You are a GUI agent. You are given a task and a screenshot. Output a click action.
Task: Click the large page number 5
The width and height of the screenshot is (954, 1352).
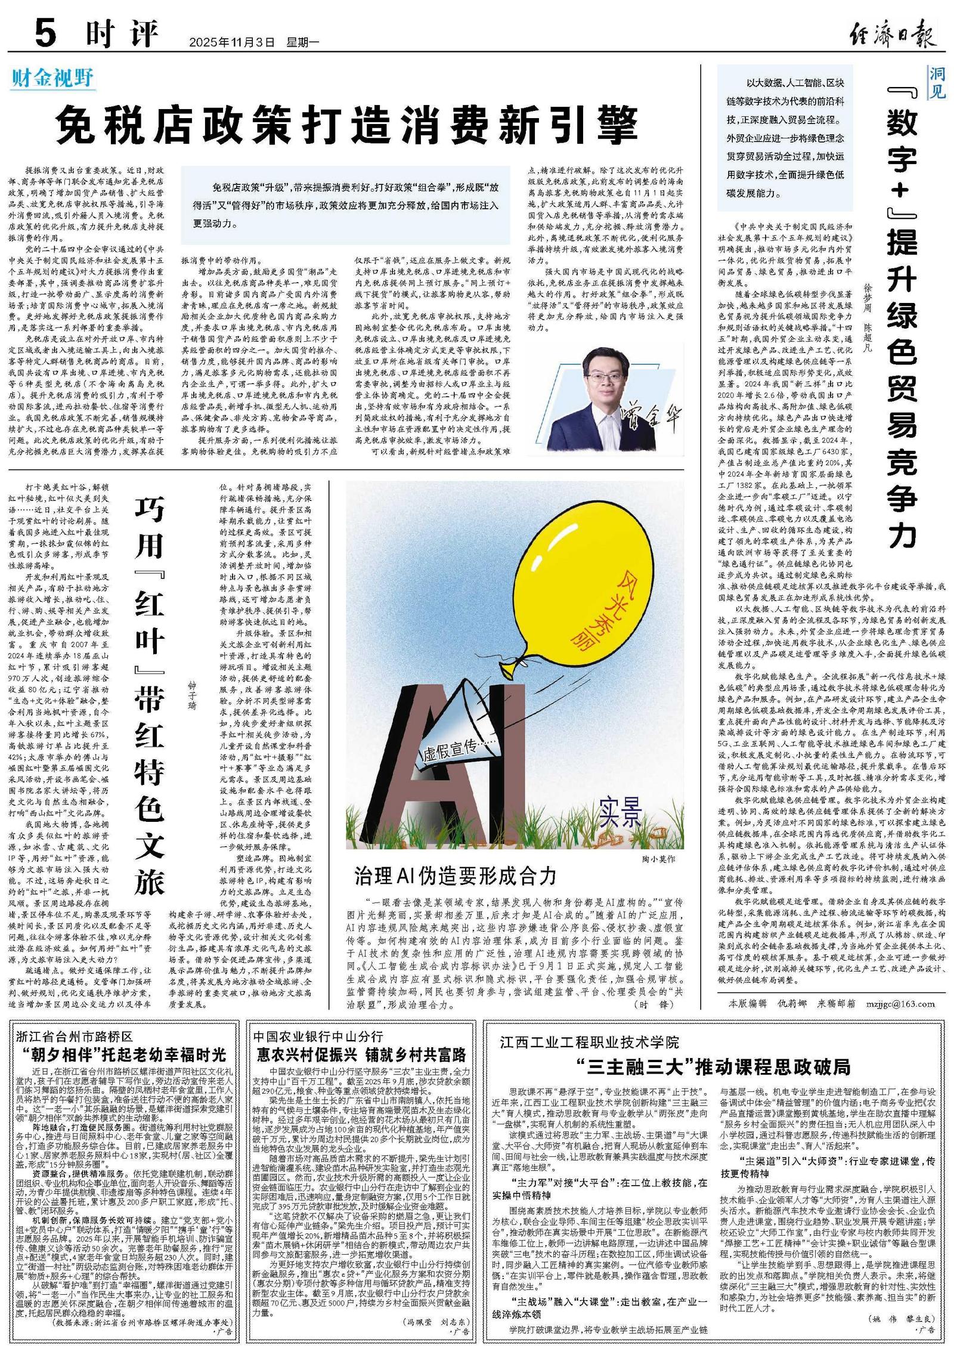pyautogui.click(x=45, y=33)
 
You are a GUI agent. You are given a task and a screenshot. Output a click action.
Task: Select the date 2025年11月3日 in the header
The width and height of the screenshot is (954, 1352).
pyautogui.click(x=232, y=43)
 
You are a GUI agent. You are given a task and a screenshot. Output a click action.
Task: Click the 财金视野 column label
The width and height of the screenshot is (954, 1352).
pyautogui.click(x=52, y=78)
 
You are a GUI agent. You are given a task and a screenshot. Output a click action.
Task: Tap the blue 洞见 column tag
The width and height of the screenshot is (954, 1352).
pyautogui.click(x=937, y=83)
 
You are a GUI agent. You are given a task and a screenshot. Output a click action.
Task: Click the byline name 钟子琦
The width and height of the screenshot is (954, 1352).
pyautogui.click(x=192, y=694)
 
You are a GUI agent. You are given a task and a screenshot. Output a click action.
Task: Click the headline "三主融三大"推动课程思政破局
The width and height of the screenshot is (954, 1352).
pyautogui.click(x=713, y=1066)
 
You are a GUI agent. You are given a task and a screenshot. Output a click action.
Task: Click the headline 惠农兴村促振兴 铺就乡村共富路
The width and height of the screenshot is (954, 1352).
pyautogui.click(x=361, y=1054)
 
